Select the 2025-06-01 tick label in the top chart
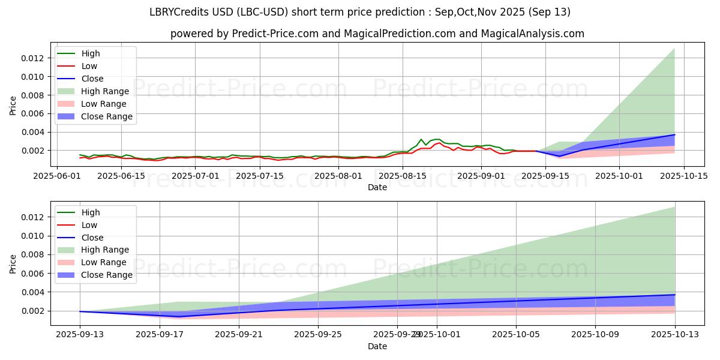click(58, 176)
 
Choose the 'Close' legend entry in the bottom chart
click(92, 238)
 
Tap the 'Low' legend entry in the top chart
click(89, 66)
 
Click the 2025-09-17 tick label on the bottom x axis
click(160, 334)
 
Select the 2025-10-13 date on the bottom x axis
click(674, 334)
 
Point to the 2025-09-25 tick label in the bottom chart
click(318, 334)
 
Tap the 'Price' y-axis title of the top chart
click(13, 106)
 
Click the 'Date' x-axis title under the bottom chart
click(377, 346)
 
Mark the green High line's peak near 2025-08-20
click(421, 139)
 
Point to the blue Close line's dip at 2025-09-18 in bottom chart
click(179, 316)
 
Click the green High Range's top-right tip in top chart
click(674, 49)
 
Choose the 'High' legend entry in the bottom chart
click(91, 212)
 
